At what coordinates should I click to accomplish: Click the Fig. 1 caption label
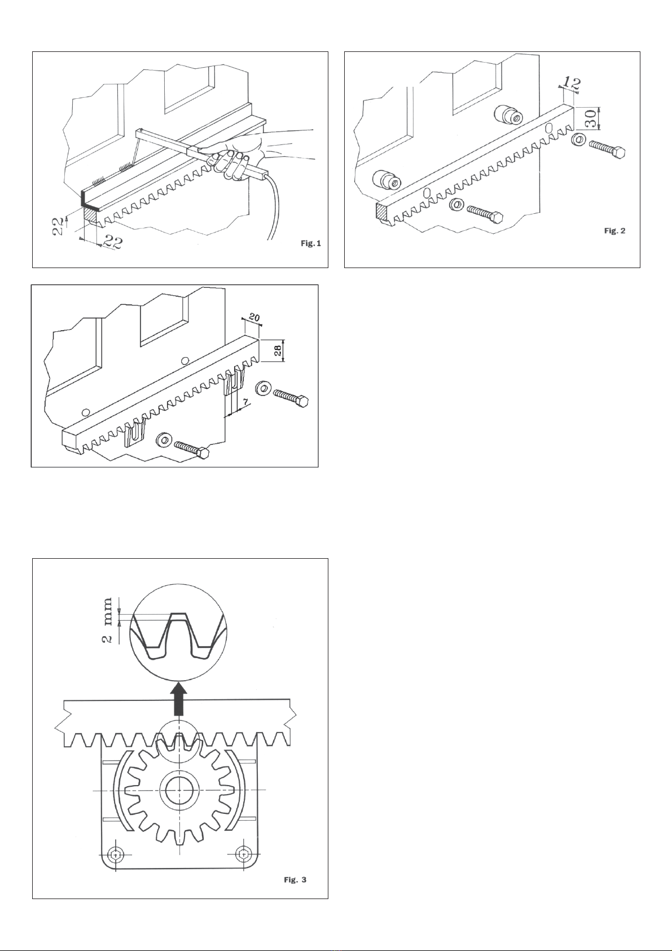tap(311, 243)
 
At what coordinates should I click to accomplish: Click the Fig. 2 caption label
tap(614, 230)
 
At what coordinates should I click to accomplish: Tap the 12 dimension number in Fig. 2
tap(572, 82)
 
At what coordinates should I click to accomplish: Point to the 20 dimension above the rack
tap(254, 317)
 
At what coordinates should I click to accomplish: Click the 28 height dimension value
tap(276, 350)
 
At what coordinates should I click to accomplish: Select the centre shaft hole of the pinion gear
tap(179, 790)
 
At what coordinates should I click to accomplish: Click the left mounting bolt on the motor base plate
tap(116, 854)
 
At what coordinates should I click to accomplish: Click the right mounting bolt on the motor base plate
tap(243, 854)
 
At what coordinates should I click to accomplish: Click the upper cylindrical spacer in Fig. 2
tap(508, 114)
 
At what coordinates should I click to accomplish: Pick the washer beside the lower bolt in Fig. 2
tap(457, 205)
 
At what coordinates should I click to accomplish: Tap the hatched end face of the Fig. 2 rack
tap(383, 211)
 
